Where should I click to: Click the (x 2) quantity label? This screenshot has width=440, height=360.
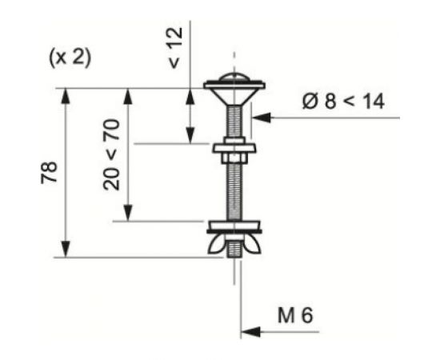click(x=70, y=58)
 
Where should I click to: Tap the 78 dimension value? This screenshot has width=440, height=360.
click(x=50, y=173)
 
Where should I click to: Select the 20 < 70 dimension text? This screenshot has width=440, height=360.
click(x=111, y=154)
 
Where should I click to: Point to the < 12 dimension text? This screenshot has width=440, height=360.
click(x=176, y=48)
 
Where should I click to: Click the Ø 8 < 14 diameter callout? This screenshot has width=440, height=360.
click(x=343, y=101)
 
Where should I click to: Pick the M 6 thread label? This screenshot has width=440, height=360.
click(x=295, y=315)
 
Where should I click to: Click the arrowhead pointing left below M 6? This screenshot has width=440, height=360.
click(x=250, y=332)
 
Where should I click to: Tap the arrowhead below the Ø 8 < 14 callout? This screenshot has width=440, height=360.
click(x=262, y=118)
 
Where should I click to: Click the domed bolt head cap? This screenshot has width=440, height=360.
click(x=234, y=78)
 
